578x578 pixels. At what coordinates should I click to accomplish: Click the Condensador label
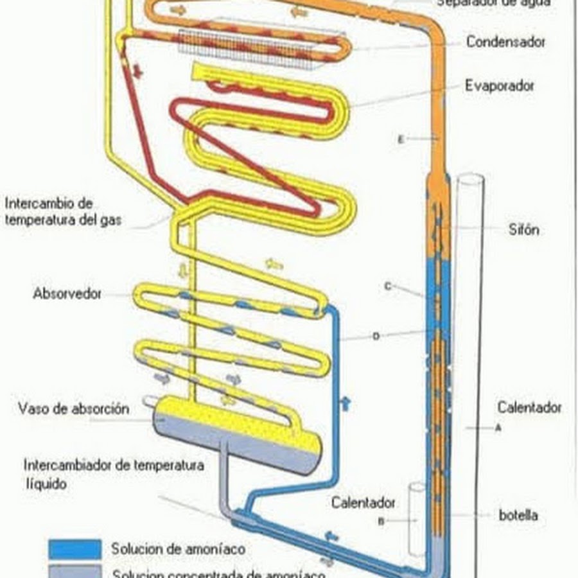point(505,42)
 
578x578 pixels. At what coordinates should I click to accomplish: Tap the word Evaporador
point(500,85)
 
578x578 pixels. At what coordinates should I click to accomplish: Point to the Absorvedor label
point(67,294)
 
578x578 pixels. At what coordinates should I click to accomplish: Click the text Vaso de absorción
point(74,408)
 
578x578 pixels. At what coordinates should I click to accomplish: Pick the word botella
point(518,515)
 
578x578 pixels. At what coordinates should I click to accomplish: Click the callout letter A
point(498,430)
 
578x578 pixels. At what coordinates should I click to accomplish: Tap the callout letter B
point(381,521)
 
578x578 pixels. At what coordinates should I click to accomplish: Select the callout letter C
point(387,286)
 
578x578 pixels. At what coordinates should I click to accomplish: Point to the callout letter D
point(376,336)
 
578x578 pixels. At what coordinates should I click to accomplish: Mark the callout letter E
point(401,139)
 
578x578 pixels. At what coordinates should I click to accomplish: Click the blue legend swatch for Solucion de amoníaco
point(75,549)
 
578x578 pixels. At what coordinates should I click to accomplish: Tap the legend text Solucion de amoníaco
point(178,550)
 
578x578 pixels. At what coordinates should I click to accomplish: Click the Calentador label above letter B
point(363,503)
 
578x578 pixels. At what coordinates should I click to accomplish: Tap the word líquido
point(46,484)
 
